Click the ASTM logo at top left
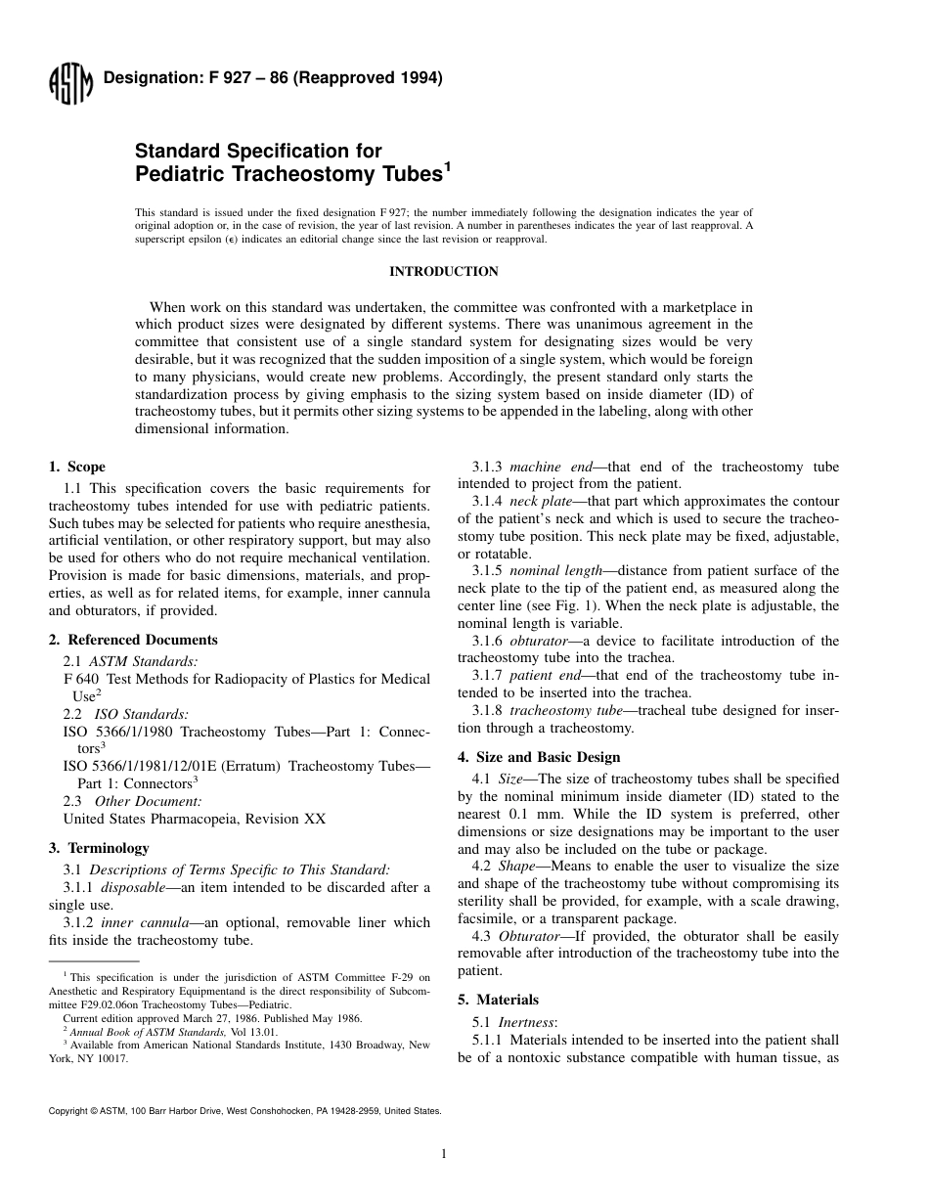click(69, 86)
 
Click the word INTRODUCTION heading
click(444, 272)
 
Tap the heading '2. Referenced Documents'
click(133, 640)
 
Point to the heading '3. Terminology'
click(99, 848)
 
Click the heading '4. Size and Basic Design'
click(539, 757)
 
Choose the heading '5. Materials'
click(499, 1000)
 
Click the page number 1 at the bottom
click(444, 1154)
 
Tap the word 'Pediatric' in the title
click(182, 175)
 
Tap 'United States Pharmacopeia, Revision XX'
click(195, 819)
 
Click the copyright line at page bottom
click(244, 1111)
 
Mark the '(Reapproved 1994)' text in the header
click(375, 78)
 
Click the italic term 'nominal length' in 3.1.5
click(553, 570)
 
